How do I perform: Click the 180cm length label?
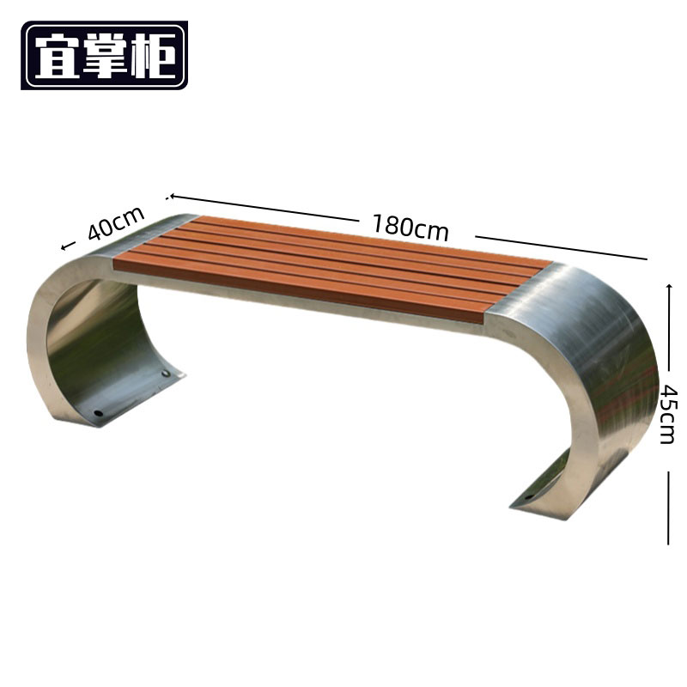coord(410,227)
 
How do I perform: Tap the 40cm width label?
coord(116,222)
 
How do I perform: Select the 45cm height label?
coord(669,414)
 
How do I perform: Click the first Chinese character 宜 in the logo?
coord(57,56)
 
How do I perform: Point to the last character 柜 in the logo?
coord(153,56)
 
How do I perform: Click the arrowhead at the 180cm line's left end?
coord(173,196)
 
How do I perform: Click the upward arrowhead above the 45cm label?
coord(669,287)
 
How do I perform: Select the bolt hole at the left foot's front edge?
coord(99,413)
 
